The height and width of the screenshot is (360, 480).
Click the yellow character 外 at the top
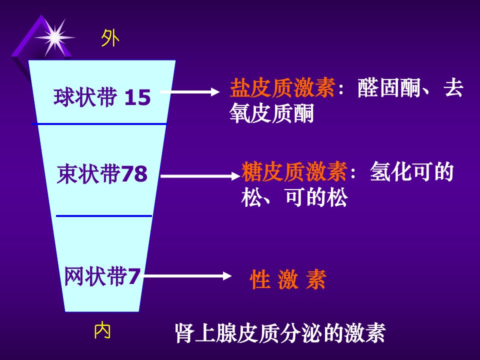pos(110,38)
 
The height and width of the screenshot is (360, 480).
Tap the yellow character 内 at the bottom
pos(102,330)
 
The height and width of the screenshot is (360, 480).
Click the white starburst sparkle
pos(55,37)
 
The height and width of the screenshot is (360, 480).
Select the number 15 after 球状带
pos(137,97)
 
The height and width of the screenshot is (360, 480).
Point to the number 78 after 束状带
pos(134,173)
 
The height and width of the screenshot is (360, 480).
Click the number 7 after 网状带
pos(133,276)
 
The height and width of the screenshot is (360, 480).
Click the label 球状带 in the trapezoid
pos(85,97)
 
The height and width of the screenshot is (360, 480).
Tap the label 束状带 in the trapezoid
pos(89,173)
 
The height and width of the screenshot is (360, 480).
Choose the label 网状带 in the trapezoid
pos(96,276)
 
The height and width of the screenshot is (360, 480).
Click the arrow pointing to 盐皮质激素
pos(190,92)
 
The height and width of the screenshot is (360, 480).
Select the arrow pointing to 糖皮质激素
pos(200,176)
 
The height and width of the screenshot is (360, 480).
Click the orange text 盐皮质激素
pos(282,88)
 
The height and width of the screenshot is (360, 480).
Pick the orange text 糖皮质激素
pos(294,171)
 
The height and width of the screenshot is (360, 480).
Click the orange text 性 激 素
pos(288,279)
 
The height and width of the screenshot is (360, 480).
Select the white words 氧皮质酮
pos(272,113)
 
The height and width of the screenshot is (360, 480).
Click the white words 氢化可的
pos(411,171)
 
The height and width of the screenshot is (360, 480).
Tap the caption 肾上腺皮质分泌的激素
pos(280,333)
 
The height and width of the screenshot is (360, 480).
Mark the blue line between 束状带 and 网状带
pos(104,216)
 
